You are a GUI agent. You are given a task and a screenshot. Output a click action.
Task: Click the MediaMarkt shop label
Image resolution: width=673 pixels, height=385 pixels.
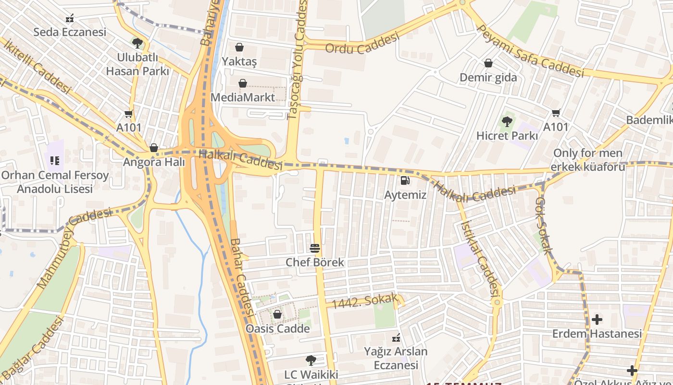click(x=243, y=97)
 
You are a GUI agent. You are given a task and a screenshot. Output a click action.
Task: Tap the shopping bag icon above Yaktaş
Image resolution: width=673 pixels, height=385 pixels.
click(x=239, y=47)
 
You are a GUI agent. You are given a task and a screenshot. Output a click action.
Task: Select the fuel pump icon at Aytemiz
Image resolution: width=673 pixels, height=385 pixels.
click(x=405, y=181)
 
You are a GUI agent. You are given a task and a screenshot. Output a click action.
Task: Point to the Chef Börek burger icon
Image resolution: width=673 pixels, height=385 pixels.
click(x=315, y=248)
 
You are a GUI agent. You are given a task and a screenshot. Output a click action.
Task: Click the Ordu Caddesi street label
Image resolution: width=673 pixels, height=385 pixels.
click(x=362, y=43)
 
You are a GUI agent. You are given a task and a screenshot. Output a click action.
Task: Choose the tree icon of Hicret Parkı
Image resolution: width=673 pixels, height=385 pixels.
click(x=507, y=122)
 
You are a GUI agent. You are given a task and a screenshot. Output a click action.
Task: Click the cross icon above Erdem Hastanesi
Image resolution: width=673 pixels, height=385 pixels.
click(x=597, y=319)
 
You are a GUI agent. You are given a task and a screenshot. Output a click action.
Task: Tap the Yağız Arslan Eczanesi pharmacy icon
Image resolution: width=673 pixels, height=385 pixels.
click(x=396, y=337)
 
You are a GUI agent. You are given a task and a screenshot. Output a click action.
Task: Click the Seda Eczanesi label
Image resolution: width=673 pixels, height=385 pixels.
click(x=70, y=32)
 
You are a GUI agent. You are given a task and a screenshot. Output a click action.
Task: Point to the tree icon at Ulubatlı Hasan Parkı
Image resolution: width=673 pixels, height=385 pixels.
click(x=137, y=43)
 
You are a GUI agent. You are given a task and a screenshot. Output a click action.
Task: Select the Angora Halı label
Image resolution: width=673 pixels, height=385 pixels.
click(x=154, y=162)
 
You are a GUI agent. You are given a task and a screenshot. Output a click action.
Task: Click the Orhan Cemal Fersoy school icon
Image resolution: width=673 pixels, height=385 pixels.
click(x=55, y=160)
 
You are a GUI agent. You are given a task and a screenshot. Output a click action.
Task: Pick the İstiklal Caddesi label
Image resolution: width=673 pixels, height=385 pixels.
click(x=480, y=257)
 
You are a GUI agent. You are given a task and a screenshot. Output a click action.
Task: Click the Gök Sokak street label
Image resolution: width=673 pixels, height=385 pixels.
click(x=544, y=225)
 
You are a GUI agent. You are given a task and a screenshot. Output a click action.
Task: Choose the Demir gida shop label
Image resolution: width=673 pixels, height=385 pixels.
click(x=488, y=77)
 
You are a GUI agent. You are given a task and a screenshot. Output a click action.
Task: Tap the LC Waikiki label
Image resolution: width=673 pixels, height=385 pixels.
click(x=311, y=374)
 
